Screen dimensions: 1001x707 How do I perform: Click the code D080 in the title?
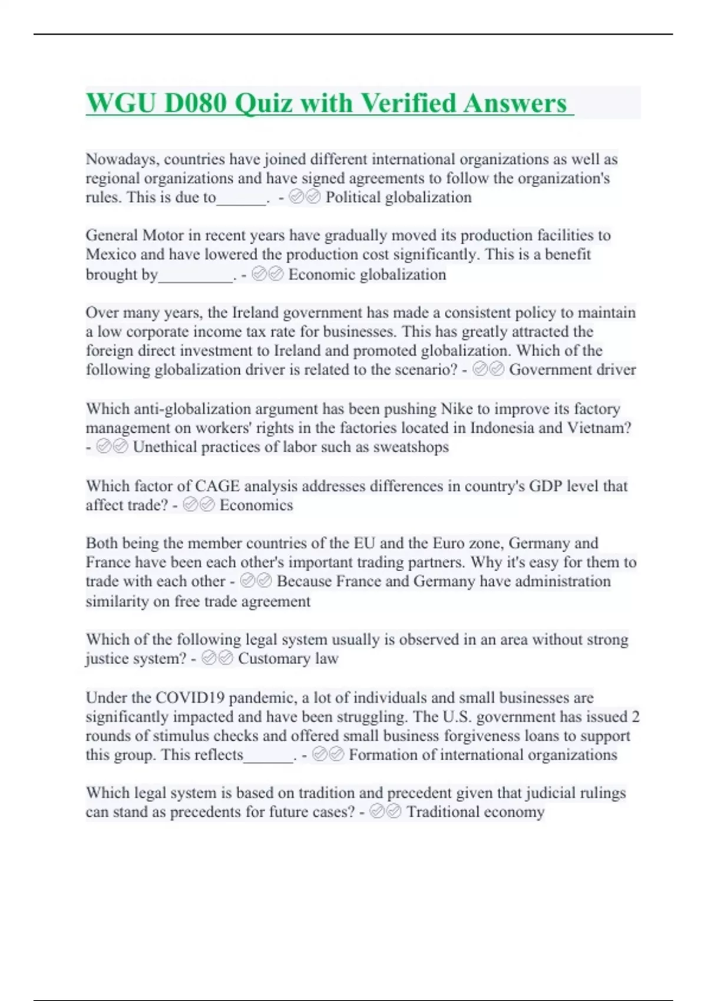195,103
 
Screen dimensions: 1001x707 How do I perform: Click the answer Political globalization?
398,197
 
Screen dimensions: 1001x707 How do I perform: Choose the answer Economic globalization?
367,274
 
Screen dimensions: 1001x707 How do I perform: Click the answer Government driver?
572,370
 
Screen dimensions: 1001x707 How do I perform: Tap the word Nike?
457,409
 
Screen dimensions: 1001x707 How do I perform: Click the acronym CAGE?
217,486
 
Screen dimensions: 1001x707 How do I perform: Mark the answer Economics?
256,505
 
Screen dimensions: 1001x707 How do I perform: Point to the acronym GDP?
545,486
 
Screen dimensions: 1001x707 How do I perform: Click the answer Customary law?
288,658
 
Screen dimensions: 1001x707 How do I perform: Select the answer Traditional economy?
475,812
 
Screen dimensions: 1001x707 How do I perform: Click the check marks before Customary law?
217,658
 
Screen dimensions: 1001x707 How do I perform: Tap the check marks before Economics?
199,505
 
